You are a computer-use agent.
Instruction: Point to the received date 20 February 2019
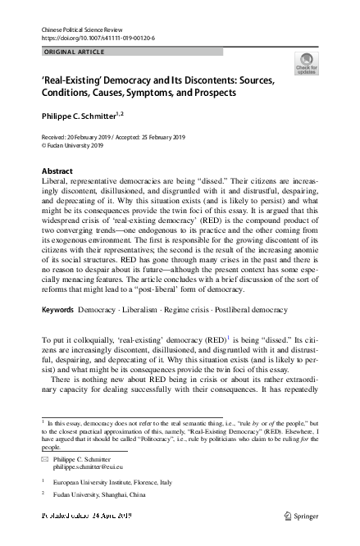click(x=95, y=139)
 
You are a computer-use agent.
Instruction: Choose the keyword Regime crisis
click(x=189, y=288)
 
